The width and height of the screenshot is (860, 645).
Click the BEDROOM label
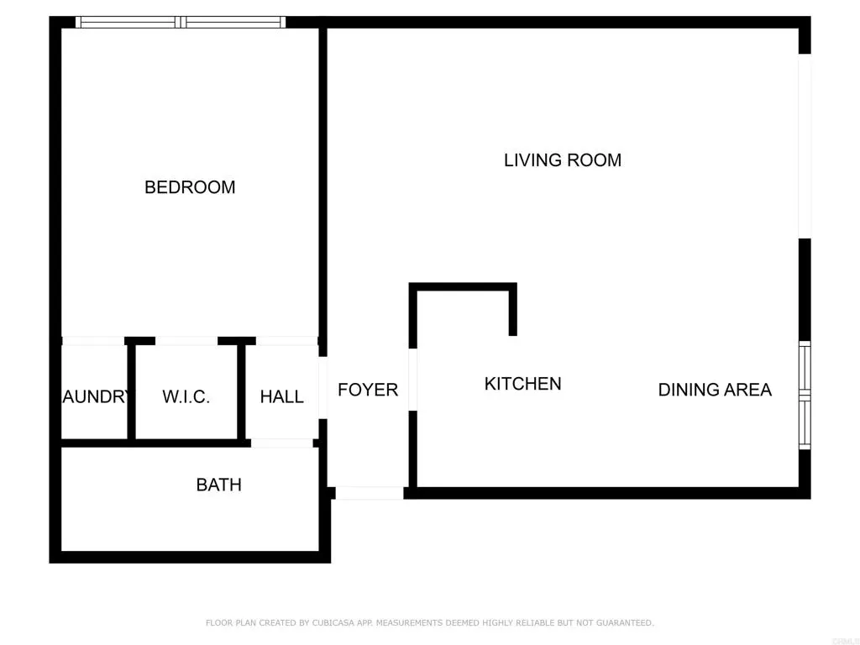pyautogui.click(x=190, y=187)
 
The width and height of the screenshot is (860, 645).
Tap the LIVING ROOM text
pyautogui.click(x=562, y=160)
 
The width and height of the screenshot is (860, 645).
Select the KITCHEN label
pyautogui.click(x=522, y=384)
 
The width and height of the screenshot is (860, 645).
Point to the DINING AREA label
pyautogui.click(x=714, y=390)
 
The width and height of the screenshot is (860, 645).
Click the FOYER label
pyautogui.click(x=368, y=390)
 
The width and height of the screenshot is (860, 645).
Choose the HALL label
pyautogui.click(x=281, y=397)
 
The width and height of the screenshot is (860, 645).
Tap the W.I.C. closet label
pyautogui.click(x=186, y=397)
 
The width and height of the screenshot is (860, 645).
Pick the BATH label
pyautogui.click(x=218, y=485)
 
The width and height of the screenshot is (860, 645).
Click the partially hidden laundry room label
pyautogui.click(x=94, y=397)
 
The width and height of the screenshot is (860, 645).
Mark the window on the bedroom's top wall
pyautogui.click(x=181, y=23)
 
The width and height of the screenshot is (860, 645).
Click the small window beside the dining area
pyautogui.click(x=805, y=395)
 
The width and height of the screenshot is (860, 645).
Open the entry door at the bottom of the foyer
pyautogui.click(x=369, y=493)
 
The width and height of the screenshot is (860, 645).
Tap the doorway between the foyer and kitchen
pyautogui.click(x=412, y=380)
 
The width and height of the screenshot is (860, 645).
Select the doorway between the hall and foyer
pyautogui.click(x=322, y=387)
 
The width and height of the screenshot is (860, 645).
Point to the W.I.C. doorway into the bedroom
pyautogui.click(x=186, y=341)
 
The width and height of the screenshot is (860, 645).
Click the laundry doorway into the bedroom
pyautogui.click(x=93, y=341)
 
